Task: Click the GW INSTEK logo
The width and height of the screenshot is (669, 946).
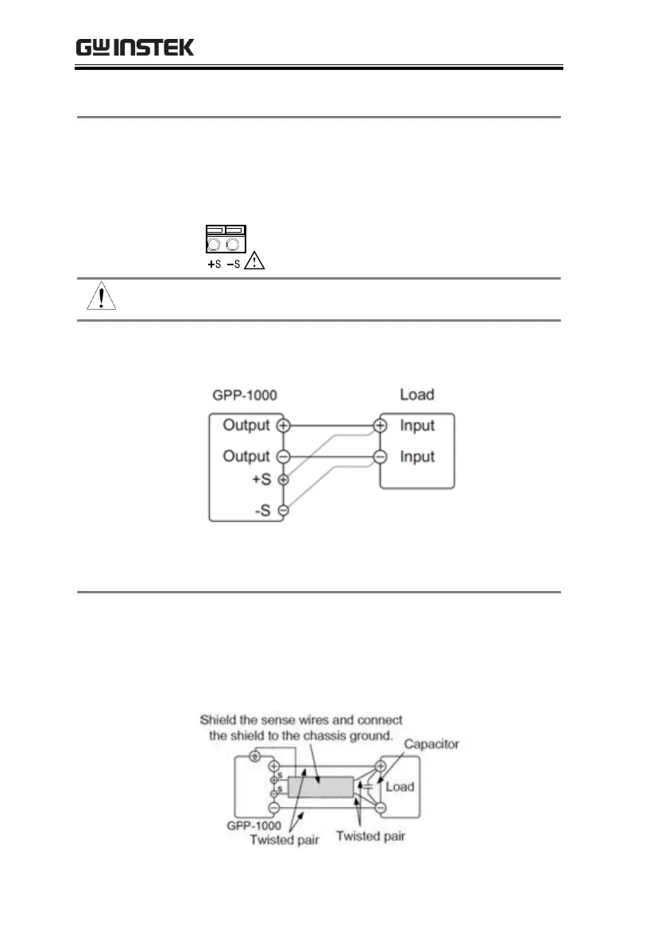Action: (135, 48)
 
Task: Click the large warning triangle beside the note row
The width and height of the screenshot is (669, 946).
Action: (100, 297)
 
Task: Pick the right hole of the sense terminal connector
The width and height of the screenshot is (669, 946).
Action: (234, 244)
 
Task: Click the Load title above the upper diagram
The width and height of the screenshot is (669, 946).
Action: (417, 395)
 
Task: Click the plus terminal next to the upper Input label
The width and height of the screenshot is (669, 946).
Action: (381, 426)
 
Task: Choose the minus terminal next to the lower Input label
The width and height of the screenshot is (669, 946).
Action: (381, 457)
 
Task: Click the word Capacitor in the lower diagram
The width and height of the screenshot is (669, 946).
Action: (431, 744)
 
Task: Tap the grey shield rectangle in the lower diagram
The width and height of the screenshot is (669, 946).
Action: (320, 787)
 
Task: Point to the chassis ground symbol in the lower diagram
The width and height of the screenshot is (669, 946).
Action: (254, 757)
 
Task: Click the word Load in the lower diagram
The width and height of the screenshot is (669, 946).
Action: (400, 786)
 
